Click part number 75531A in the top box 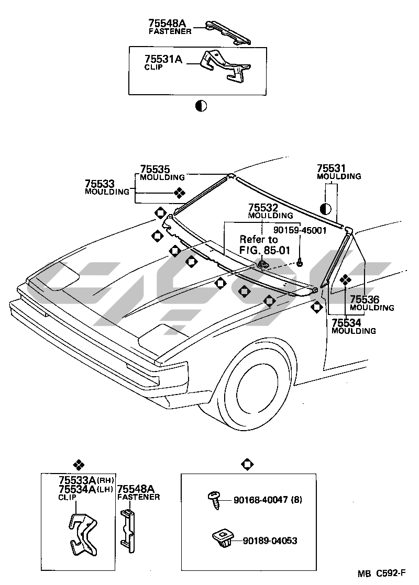click(163, 60)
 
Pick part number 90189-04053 click(270, 541)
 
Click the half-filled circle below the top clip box click(201, 106)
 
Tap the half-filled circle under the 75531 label click(325, 209)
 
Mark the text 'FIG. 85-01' click(264, 250)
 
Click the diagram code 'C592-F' click(390, 574)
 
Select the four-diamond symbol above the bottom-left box click(78, 464)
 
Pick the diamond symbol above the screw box click(247, 464)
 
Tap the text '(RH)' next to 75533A click(105, 480)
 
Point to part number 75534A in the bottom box click(76, 489)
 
